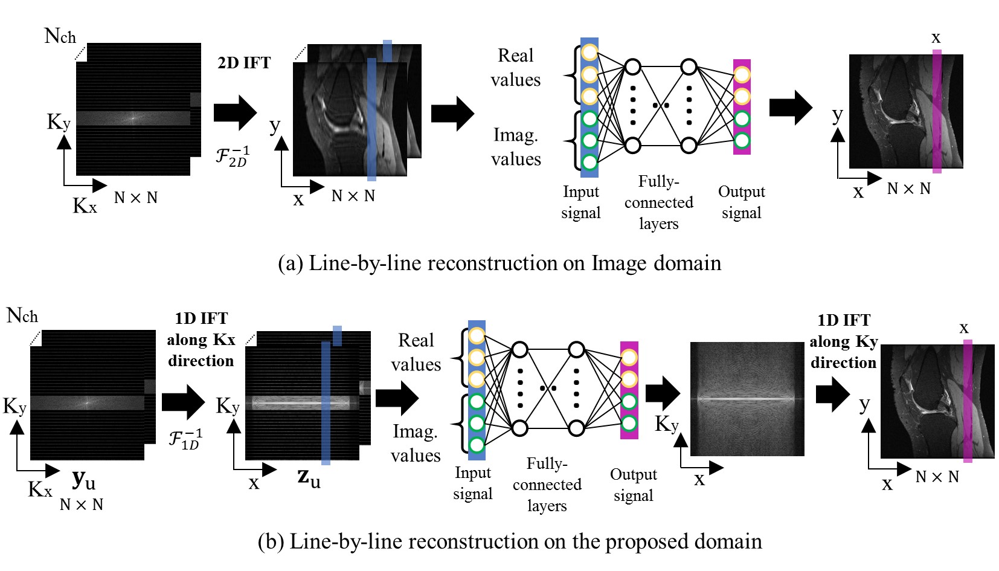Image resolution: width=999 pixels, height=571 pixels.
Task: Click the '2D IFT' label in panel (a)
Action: coord(244,63)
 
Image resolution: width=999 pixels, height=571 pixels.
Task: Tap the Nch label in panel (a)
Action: coord(60,36)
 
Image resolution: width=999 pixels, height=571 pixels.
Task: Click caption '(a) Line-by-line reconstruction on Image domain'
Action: coord(500,263)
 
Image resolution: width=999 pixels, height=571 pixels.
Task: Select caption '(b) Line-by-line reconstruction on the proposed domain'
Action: coord(510,541)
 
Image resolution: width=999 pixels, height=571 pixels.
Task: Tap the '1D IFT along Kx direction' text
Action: coord(201,340)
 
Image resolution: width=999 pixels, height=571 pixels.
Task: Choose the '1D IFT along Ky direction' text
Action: coord(844,341)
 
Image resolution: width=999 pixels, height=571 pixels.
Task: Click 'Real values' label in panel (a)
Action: coord(515,68)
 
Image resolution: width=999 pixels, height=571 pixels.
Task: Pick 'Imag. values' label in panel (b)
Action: coord(416,443)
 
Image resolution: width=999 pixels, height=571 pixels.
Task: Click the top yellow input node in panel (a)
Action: coord(589,52)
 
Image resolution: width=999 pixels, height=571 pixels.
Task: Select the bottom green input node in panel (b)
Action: coord(477,445)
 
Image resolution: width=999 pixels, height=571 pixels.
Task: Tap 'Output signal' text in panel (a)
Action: coord(742,202)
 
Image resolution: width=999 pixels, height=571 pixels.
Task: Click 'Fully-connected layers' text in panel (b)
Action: coord(547,485)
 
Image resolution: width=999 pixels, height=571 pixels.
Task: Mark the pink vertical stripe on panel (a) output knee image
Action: coord(937,112)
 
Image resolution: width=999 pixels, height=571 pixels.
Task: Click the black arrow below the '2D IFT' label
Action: coord(235,112)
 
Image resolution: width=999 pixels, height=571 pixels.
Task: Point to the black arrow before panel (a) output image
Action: coord(790,108)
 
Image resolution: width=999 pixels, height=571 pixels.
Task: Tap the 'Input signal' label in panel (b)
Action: coord(473,483)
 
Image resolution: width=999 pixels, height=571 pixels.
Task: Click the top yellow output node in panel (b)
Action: coord(629,357)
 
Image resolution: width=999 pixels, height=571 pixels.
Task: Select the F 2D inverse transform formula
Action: coord(233,156)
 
